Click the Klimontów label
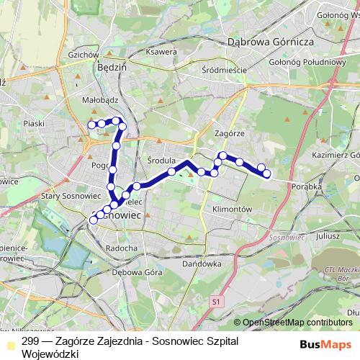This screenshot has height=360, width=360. pyautogui.click(x=230, y=209)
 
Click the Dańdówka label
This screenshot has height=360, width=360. pyautogui.click(x=202, y=264)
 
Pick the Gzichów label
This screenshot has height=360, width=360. pyautogui.click(x=81, y=55)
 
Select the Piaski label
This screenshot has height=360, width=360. pyautogui.click(x=34, y=123)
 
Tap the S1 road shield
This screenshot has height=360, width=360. pyautogui.click(x=218, y=302)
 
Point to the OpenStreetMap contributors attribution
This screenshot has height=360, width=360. pyautogui.click(x=297, y=323)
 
